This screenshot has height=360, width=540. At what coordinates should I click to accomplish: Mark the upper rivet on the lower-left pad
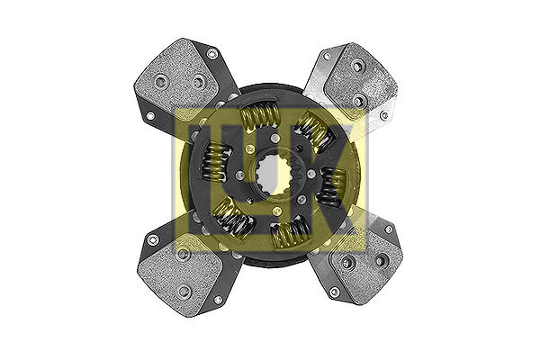click(184, 255)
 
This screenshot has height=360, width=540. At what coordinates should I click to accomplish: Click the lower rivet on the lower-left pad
click(185, 290)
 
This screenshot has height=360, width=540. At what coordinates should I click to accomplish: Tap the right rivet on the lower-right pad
click(379, 261)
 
